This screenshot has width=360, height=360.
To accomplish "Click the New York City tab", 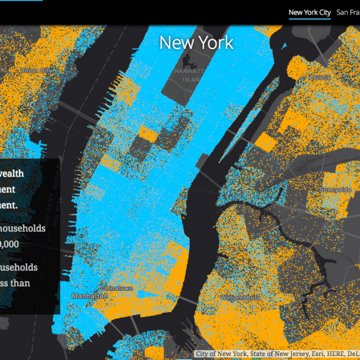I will (309, 12).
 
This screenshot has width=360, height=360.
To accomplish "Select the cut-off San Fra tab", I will (348, 12).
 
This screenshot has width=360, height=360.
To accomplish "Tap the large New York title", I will (196, 43).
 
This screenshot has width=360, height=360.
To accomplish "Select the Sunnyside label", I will (336, 190).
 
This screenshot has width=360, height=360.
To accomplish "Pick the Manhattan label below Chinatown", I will (90, 296).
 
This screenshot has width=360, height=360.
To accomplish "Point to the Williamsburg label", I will (240, 296).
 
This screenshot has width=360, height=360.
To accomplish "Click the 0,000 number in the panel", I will (10, 244).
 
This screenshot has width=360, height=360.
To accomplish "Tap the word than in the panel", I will (20, 283).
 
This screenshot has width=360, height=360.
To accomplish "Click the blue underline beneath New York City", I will (309, 19).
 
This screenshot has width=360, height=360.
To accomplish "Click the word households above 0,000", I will (23, 228).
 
